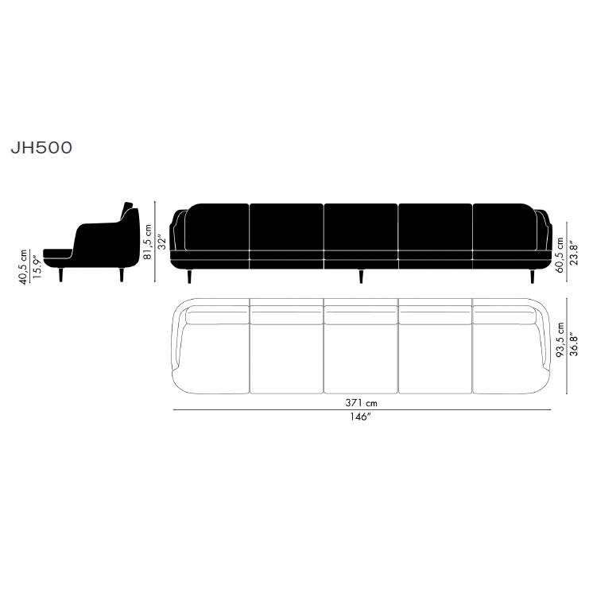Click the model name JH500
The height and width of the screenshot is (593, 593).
coord(41,148)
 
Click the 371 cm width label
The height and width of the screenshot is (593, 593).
coord(361,403)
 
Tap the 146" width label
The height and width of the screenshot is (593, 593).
coord(359,417)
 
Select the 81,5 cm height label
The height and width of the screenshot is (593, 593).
coord(148,242)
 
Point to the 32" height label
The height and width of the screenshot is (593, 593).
coord(162,242)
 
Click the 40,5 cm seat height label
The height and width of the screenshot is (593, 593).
coord(23,267)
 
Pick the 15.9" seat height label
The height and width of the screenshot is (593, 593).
coord(37,267)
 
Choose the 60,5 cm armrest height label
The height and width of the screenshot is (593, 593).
coord(560,255)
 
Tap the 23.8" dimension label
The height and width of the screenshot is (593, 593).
coord(574,253)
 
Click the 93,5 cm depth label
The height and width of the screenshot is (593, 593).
coord(560,339)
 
